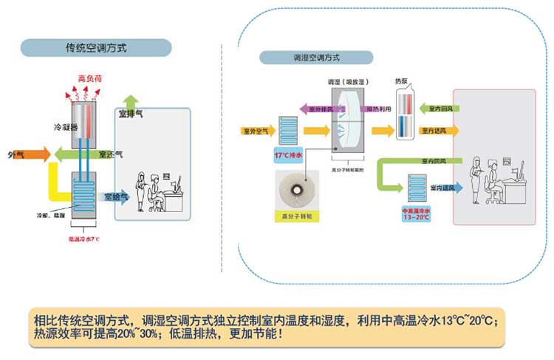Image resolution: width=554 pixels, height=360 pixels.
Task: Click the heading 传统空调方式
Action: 96,48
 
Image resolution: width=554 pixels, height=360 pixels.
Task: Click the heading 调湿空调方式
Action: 315,58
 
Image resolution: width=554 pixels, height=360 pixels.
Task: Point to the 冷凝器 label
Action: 66,126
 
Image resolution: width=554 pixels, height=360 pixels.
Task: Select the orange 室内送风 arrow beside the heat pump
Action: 440,131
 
